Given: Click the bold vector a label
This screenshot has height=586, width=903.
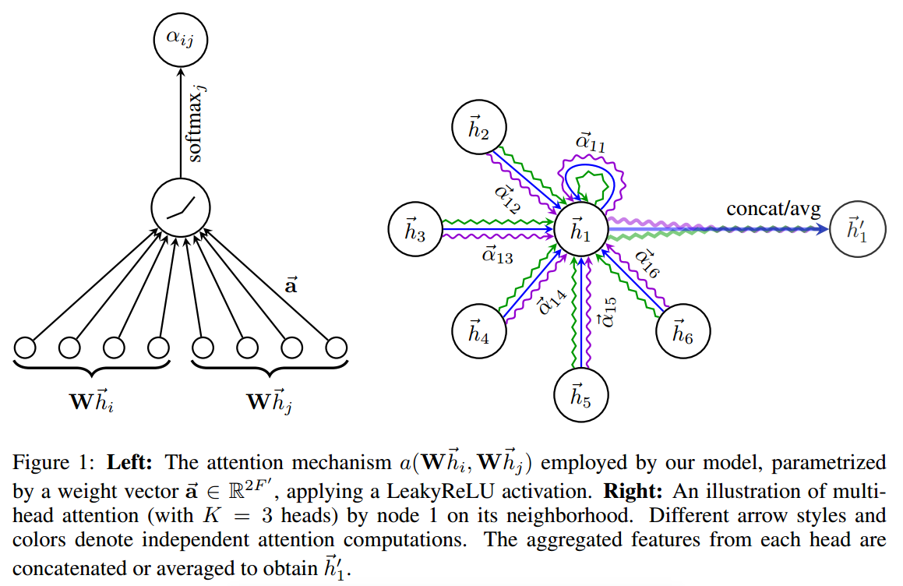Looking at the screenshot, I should click(290, 285).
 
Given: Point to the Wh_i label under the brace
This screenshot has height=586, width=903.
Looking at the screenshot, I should click(94, 401).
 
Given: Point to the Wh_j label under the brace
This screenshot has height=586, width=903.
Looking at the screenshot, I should click(272, 401).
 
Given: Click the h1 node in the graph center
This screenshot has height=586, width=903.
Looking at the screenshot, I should click(580, 230).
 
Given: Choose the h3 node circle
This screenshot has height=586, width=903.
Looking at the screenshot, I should click(415, 230).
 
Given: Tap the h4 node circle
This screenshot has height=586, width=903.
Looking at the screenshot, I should click(478, 330).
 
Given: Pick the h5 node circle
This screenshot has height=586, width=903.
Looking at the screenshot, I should click(580, 397).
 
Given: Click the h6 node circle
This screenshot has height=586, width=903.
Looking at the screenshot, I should click(682, 330).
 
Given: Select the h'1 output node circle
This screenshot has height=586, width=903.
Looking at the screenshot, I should click(858, 229).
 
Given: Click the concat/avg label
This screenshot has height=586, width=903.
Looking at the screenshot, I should click(773, 209).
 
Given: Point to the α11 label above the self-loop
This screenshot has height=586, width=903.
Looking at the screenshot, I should click(590, 142).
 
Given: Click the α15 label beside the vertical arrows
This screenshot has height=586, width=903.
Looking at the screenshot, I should click(608, 312).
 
